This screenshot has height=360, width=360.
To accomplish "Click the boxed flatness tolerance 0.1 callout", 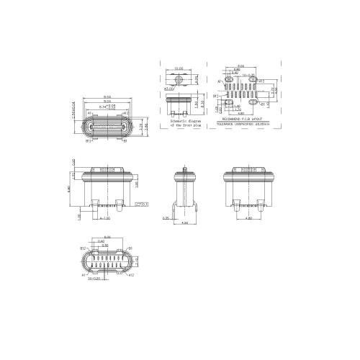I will click(141, 204).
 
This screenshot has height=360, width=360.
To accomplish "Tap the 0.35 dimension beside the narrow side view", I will click(166, 217).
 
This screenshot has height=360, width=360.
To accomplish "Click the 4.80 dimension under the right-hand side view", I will click(248, 217).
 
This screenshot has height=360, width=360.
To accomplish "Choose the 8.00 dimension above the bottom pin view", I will click(107, 237).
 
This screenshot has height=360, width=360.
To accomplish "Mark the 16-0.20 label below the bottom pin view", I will click(94, 278).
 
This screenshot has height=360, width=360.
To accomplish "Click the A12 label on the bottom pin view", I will click(130, 275).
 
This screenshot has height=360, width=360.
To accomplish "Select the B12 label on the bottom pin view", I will click(83, 247).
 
